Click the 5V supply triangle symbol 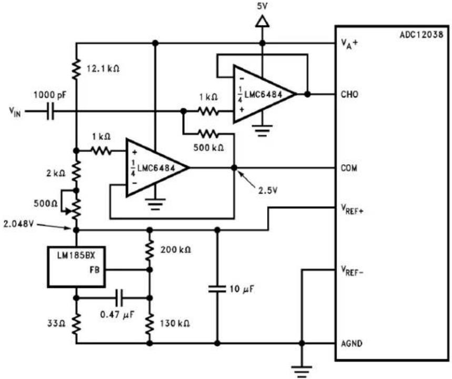point(262,22)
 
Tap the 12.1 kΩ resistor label point(103,68)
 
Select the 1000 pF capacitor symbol point(51,111)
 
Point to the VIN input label point(14,112)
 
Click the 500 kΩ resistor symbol point(208,134)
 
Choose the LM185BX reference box point(76,267)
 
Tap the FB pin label point(95,270)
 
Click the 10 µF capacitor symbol point(217,288)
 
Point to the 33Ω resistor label point(56,323)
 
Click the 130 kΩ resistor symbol point(149,324)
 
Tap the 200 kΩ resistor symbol point(149,250)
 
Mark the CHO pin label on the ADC point(349,94)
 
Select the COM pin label point(349,168)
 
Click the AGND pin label point(351,344)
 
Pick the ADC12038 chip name point(421,35)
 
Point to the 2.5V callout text point(268,191)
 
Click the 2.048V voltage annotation point(19,224)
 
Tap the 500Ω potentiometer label point(46,203)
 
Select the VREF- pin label point(352,271)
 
